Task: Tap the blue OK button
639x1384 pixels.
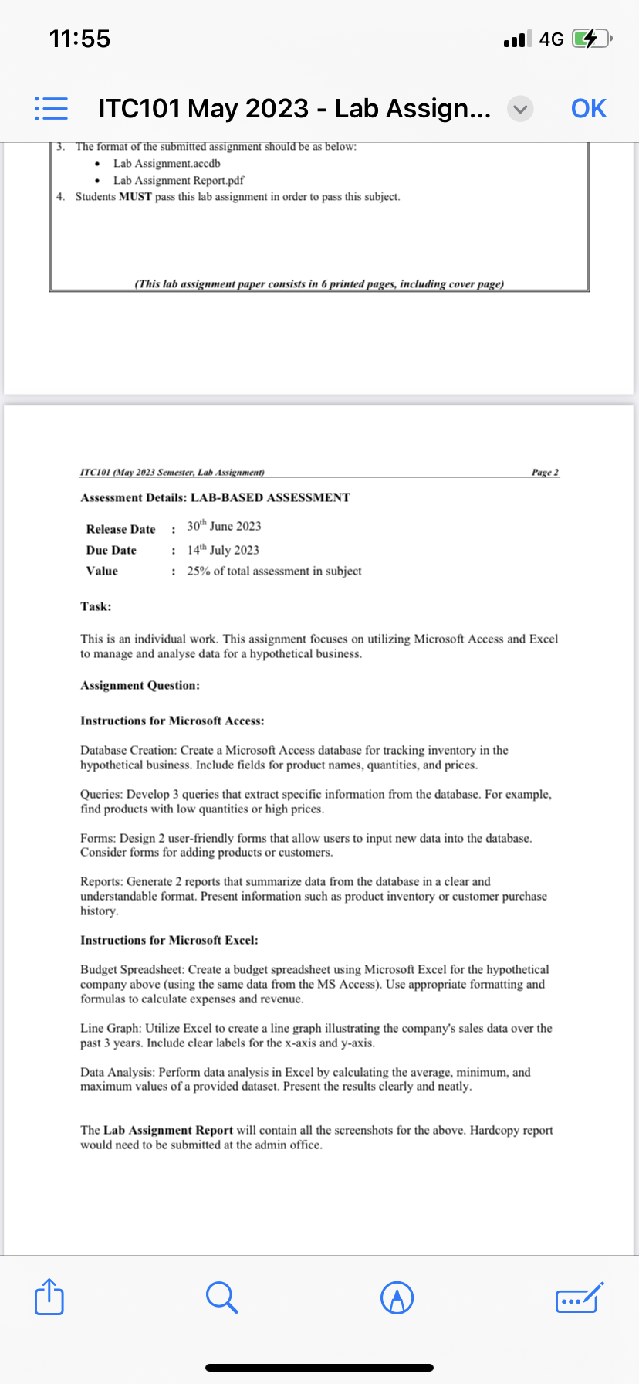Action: pos(588,109)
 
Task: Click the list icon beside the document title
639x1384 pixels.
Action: pos(51,109)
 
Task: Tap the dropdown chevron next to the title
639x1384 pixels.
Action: pos(520,110)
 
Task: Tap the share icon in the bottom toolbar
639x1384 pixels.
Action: pos(49,1297)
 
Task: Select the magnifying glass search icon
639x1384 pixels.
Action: pos(221,1297)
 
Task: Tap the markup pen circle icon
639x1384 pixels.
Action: pos(397,1297)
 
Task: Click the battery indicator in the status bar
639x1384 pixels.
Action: pos(590,39)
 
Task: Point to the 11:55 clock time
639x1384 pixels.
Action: pos(79,39)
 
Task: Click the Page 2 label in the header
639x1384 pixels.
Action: pos(545,472)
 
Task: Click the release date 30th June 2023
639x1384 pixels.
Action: pos(224,527)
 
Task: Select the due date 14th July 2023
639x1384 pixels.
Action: pos(223,550)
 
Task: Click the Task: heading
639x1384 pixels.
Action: pos(96,606)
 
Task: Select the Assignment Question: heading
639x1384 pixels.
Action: pos(140,685)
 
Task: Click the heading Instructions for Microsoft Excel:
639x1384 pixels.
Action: pos(169,940)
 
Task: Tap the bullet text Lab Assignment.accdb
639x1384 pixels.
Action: pos(167,163)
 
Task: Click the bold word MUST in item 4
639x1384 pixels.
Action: pos(135,197)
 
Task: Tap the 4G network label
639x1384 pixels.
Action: pos(552,39)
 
